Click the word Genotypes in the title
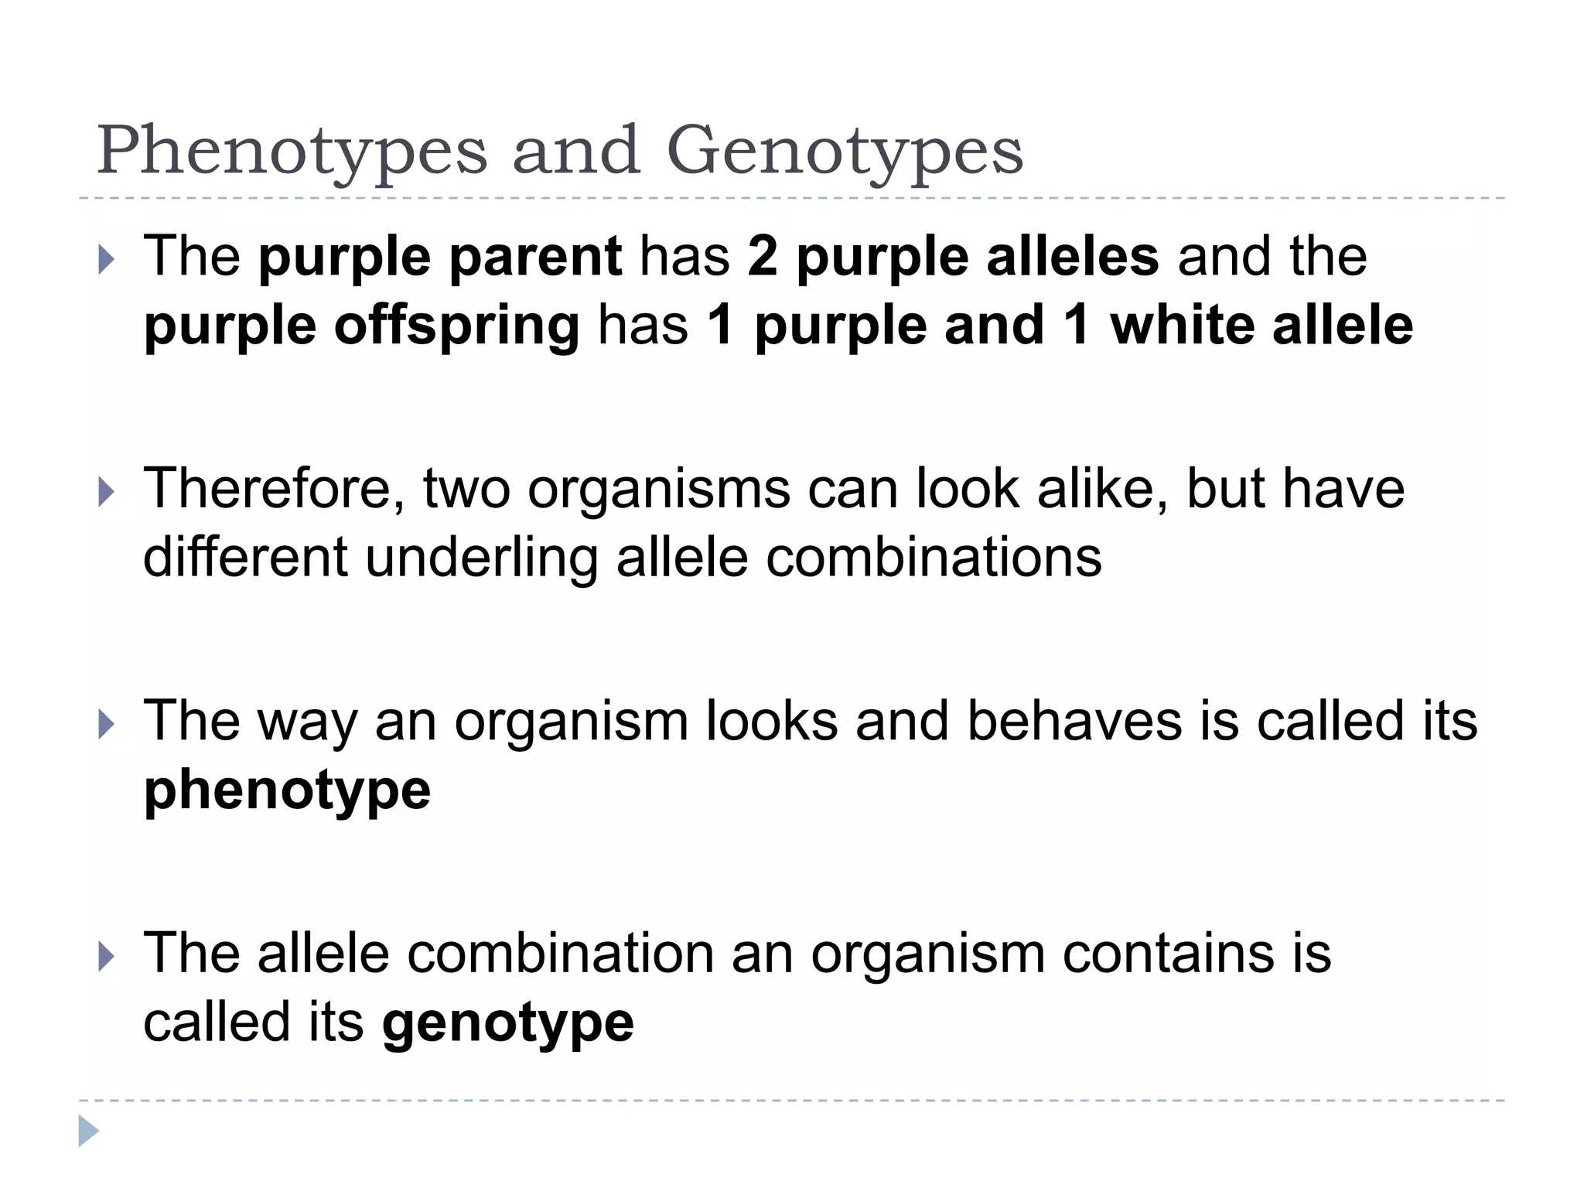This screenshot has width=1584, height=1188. pyautogui.click(x=845, y=151)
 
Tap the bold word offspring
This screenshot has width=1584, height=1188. pyautogui.click(x=456, y=326)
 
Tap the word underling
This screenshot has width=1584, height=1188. pyautogui.click(x=481, y=558)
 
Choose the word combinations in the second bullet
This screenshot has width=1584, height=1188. pyautogui.click(x=934, y=557)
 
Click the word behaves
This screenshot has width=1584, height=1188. pyautogui.click(x=1074, y=721)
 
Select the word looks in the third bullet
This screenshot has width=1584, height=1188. pyautogui.click(x=772, y=721)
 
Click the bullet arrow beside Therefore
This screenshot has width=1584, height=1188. pyautogui.click(x=107, y=492)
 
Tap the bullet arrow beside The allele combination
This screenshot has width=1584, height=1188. pyautogui.click(x=107, y=957)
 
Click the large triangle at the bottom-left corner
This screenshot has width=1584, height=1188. pyautogui.click(x=88, y=1132)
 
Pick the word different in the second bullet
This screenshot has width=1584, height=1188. pyautogui.click(x=245, y=557)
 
